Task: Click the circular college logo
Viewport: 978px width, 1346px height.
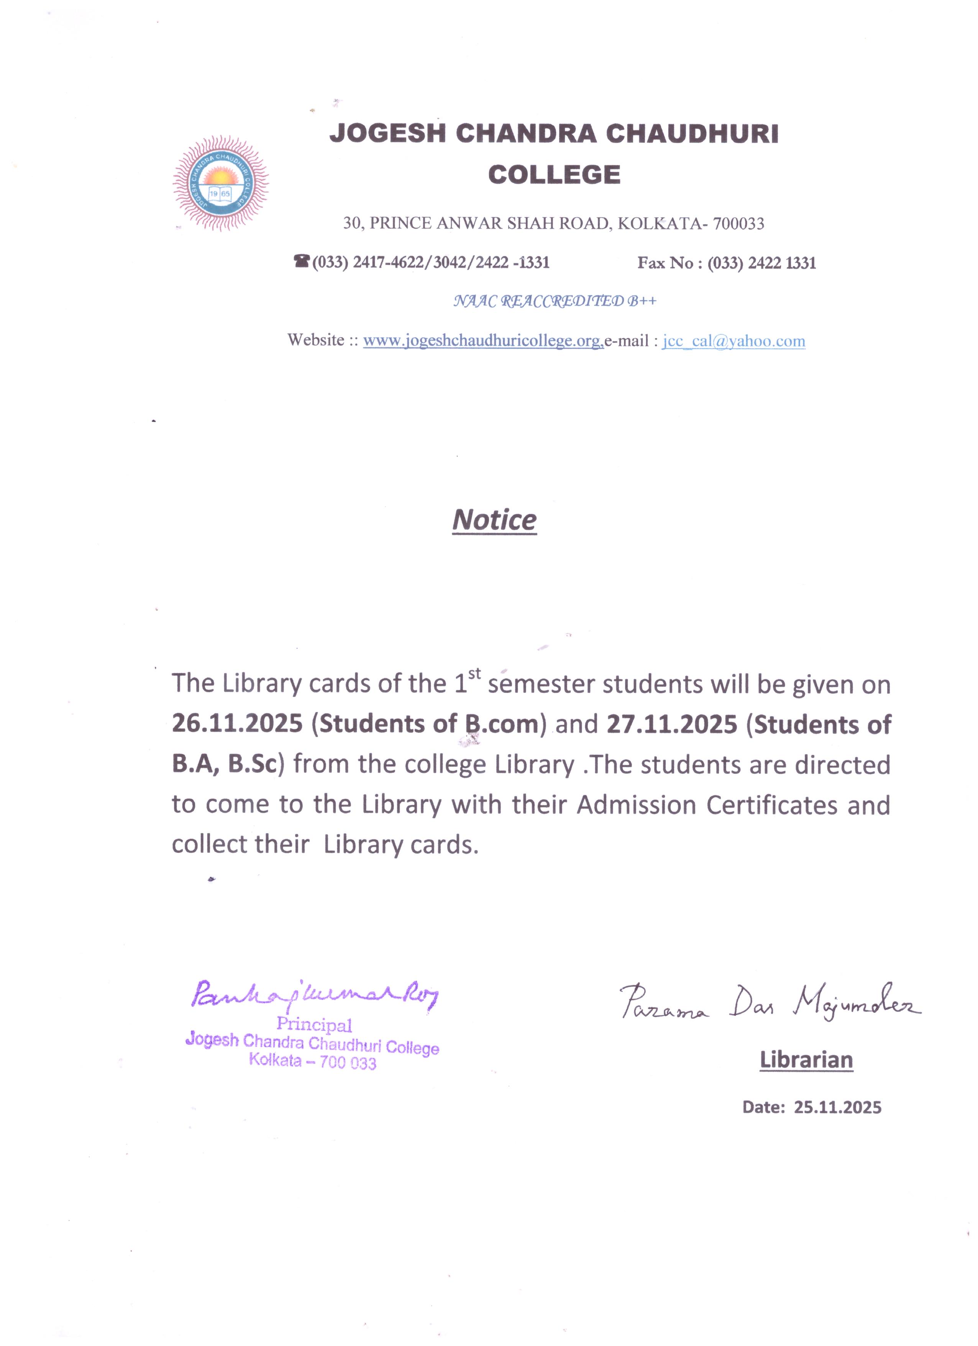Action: pyautogui.click(x=221, y=183)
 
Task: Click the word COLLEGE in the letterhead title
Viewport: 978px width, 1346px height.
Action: pyautogui.click(x=554, y=174)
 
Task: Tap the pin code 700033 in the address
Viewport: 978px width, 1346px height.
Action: pyautogui.click(x=738, y=224)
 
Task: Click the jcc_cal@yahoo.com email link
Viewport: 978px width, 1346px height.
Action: pyautogui.click(x=733, y=341)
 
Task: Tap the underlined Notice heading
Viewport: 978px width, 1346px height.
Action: pyautogui.click(x=494, y=520)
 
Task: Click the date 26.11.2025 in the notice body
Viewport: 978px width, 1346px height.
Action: pyautogui.click(x=237, y=724)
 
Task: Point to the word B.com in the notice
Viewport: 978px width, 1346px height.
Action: pyautogui.click(x=501, y=724)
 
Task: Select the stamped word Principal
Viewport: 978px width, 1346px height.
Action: pyautogui.click(x=314, y=1024)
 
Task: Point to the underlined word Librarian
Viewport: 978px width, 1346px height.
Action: pyautogui.click(x=806, y=1059)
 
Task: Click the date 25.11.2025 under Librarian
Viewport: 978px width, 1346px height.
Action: pyautogui.click(x=837, y=1107)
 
